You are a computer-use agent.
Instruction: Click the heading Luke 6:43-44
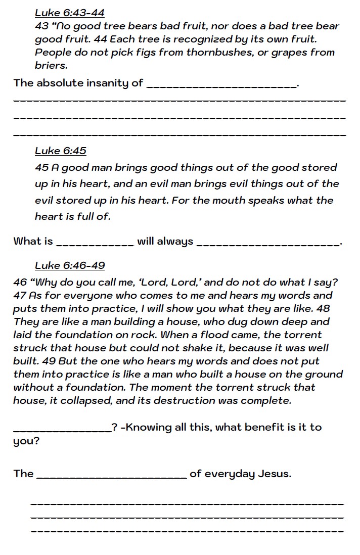point(70,13)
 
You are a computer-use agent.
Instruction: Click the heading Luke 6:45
point(61,151)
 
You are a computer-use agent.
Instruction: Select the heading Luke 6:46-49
point(70,265)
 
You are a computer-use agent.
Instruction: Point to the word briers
point(51,66)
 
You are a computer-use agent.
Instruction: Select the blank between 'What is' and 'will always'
point(95,243)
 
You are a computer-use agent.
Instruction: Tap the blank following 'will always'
point(267,243)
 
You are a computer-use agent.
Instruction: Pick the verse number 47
point(21,296)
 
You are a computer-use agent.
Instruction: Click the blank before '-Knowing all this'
point(62,429)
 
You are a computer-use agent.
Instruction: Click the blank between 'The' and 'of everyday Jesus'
point(112,476)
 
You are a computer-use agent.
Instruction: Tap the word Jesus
point(275,474)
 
